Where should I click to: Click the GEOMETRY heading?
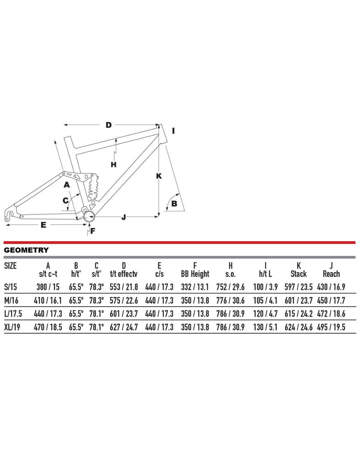coord(26,250)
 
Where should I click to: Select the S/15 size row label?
coord(11,287)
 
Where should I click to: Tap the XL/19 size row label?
coord(12,327)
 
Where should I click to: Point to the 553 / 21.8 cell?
coord(124,287)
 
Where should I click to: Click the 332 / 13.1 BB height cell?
coord(195,287)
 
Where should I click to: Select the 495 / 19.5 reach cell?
coord(331,327)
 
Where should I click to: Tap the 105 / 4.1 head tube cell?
coord(265,300)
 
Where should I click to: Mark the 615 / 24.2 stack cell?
coord(298,314)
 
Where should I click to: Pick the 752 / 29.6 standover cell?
coord(230,287)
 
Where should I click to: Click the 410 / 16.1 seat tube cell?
coord(48,300)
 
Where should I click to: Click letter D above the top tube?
coord(109,125)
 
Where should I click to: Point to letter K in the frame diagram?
coord(159,176)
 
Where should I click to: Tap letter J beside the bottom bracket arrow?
coord(124,217)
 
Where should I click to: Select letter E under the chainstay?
coord(43,225)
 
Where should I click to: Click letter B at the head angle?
coord(174,203)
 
